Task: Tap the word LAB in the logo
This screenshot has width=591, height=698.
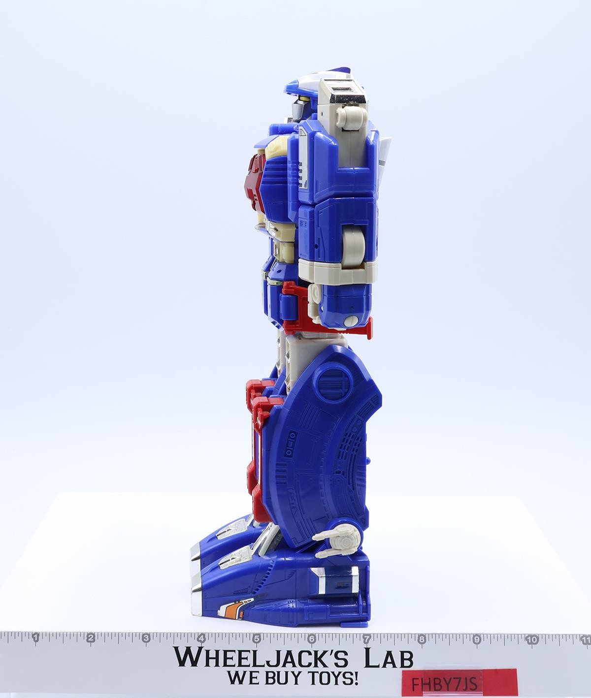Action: coord(389,658)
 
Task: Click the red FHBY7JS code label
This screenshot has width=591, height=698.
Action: coord(460,683)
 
